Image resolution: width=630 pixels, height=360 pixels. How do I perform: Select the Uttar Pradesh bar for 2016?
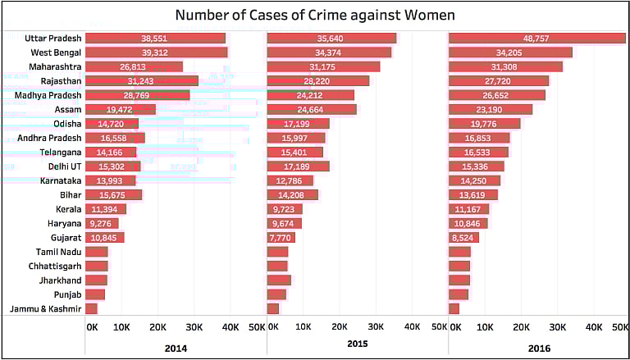tap(536, 38)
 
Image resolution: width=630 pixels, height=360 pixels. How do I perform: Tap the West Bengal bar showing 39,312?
tap(156, 52)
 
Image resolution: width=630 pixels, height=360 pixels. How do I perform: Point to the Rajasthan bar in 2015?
tap(318, 80)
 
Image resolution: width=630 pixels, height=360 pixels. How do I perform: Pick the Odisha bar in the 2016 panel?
tap(484, 123)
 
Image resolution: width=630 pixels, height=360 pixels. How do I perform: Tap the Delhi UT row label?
tap(66, 166)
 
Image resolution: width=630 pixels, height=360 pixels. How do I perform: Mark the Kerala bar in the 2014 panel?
tap(105, 208)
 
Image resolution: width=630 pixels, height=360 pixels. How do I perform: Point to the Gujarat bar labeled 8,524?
tap(463, 237)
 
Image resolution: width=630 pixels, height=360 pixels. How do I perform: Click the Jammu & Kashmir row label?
tap(46, 308)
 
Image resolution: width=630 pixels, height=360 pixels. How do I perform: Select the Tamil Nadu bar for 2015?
tap(278, 252)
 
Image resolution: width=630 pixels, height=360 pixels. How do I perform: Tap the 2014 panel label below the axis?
tap(176, 349)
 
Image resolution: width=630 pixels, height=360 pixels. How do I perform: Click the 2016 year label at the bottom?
tap(539, 349)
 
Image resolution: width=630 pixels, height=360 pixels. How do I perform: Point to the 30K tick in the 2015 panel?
tap(376, 327)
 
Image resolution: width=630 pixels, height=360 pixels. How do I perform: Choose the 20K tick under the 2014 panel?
tap(157, 327)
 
